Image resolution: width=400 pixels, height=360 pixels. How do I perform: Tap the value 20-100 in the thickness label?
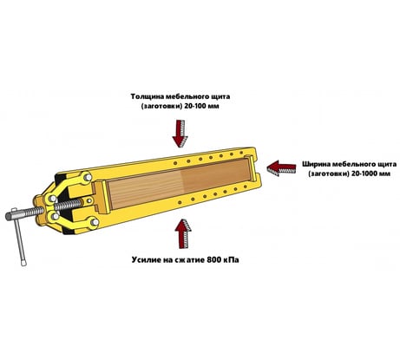[195, 106]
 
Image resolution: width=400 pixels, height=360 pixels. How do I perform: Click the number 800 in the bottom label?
[213, 259]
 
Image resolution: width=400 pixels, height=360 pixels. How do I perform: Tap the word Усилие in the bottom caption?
[145, 259]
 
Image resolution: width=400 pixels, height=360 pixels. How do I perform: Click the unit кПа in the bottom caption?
[230, 259]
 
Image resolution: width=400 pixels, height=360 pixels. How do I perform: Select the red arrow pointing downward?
[180, 134]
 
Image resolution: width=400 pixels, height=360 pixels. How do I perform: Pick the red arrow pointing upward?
[183, 233]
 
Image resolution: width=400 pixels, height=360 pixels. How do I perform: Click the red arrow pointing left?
[281, 168]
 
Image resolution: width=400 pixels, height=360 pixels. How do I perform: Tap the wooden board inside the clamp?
[180, 182]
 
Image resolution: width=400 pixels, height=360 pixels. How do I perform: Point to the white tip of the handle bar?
[23, 263]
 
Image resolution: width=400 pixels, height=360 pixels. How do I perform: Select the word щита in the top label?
[221, 97]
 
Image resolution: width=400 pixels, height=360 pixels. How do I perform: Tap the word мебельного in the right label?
[354, 164]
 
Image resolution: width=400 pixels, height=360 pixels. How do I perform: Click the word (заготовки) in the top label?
[161, 106]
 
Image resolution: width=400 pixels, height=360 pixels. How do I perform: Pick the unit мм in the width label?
[385, 173]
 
